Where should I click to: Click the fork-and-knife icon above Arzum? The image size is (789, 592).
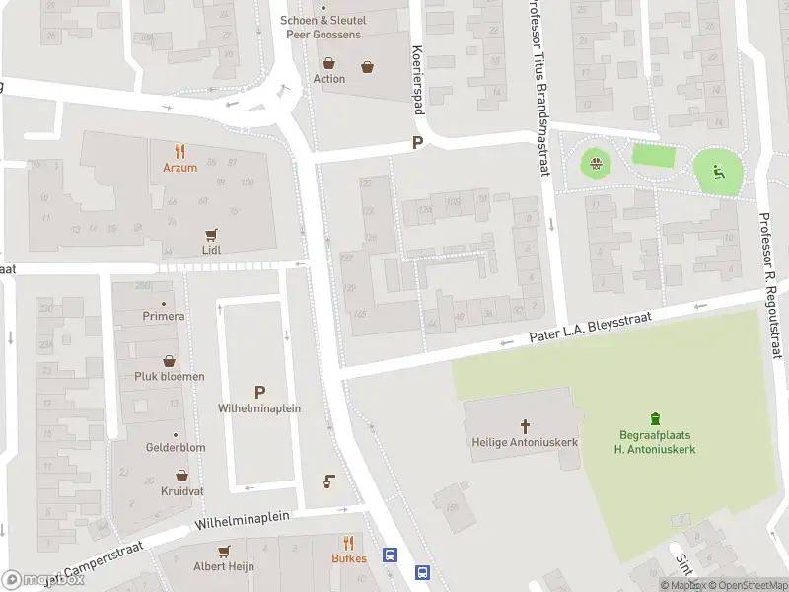point(179,151)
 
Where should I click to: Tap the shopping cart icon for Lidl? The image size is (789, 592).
point(210,235)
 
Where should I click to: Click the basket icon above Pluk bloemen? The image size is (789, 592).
point(170,361)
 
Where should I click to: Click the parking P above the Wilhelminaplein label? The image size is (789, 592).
point(259,392)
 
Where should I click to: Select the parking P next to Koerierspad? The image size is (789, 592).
point(418,143)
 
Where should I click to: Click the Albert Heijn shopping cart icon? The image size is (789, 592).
point(224,551)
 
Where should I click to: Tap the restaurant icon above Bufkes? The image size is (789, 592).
point(348,543)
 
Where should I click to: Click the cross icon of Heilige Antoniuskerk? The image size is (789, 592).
point(525,426)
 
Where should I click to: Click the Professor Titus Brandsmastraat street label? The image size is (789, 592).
point(538,89)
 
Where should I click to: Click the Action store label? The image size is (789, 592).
point(329,79)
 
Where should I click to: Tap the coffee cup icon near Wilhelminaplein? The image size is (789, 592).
point(328,481)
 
